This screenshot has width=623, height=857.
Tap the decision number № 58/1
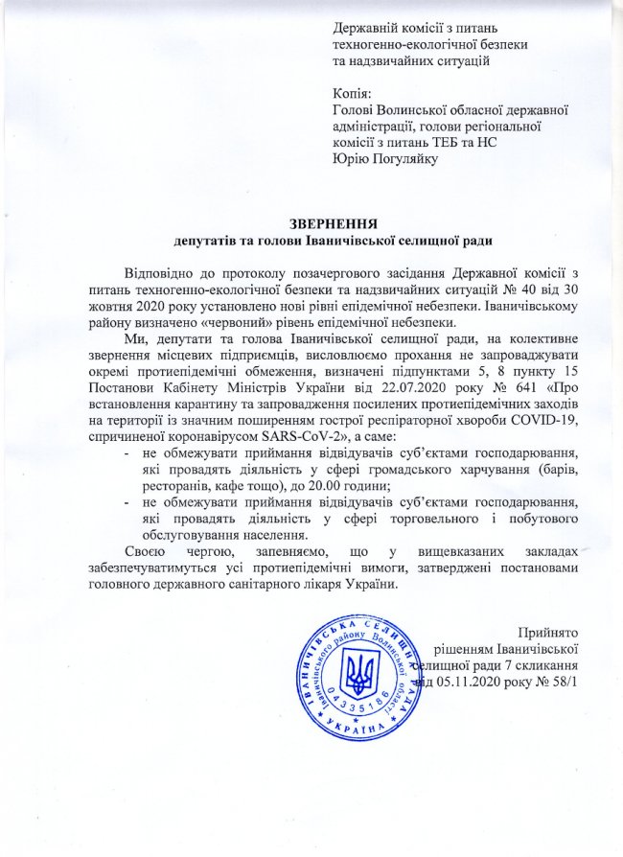point(557,682)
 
